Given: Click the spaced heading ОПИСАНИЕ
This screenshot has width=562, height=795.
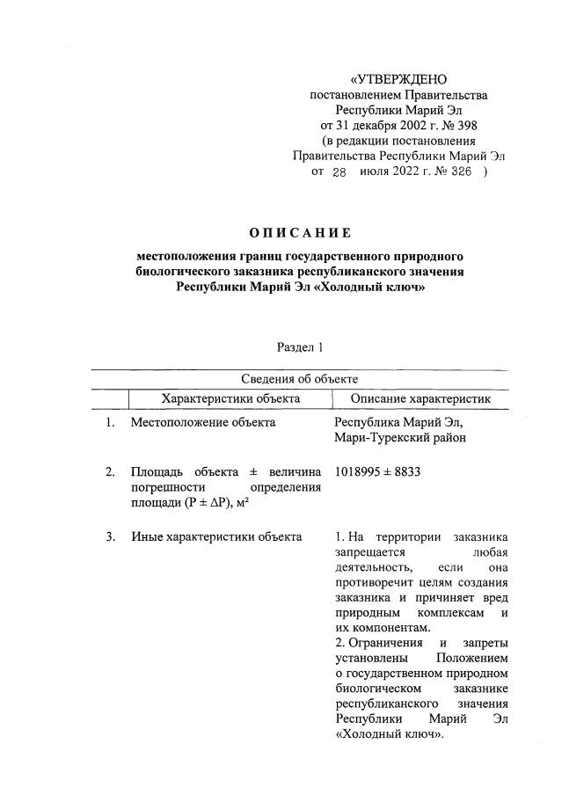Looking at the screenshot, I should click(x=300, y=233).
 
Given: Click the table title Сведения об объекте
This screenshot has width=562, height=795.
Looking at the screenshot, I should click(x=299, y=379).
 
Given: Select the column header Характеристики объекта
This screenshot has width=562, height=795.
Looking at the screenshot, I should click(x=230, y=398).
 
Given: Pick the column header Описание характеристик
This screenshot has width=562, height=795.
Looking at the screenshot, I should click(x=420, y=398).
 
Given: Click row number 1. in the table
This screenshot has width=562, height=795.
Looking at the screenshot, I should click(x=110, y=423).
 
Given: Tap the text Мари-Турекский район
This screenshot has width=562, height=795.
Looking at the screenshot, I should click(x=400, y=438).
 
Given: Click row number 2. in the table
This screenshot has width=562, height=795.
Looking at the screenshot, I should click(x=110, y=472).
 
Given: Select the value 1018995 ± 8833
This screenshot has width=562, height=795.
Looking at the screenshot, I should click(x=378, y=472).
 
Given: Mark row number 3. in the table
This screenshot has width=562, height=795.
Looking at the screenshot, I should click(x=110, y=536).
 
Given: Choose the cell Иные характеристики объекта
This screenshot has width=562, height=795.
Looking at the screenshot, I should click(x=216, y=536).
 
